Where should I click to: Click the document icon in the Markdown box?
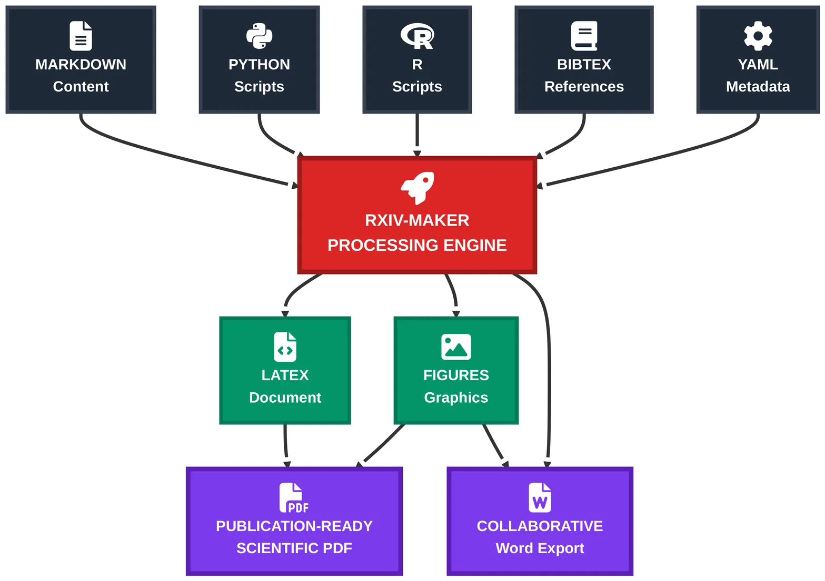point(81,36)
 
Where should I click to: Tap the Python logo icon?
point(259,36)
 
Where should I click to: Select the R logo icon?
point(417,36)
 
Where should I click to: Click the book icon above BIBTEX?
point(584,36)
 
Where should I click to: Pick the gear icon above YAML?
point(758,36)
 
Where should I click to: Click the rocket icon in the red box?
point(418,188)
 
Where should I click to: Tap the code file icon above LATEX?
point(285,347)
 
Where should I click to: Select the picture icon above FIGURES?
point(456,347)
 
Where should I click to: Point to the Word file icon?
point(540,497)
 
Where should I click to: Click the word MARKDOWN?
point(81,65)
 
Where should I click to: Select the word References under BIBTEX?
point(584,87)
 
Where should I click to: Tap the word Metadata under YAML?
point(758,87)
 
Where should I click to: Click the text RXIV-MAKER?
point(417,220)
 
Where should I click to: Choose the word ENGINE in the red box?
point(475,246)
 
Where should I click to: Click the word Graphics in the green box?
point(456,397)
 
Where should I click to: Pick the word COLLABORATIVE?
point(540,526)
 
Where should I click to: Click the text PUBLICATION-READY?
point(294,526)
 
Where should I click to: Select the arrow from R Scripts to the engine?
point(417,134)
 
